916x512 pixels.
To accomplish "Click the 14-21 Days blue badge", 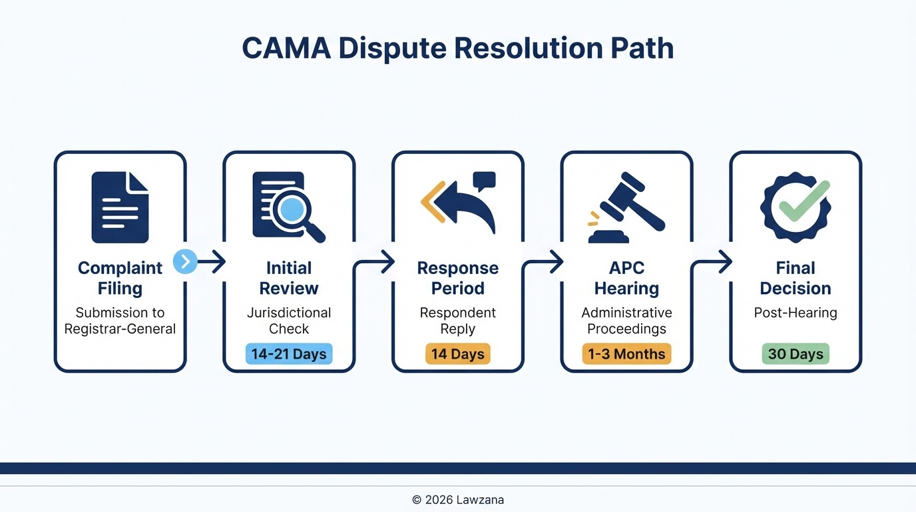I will tap(289, 353).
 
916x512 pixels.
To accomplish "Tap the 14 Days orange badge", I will tap(457, 353).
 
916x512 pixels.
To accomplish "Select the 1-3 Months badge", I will tap(626, 353).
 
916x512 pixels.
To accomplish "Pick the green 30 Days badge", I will tap(796, 353).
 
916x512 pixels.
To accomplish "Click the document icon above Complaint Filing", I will tap(120, 207).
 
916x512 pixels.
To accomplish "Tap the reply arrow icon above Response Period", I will tap(459, 203).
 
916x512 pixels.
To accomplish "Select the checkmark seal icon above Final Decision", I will tap(796, 207).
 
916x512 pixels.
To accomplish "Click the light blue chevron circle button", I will tap(185, 262).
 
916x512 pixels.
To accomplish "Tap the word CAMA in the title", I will tap(286, 49).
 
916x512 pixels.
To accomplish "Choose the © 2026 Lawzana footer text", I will tap(457, 499).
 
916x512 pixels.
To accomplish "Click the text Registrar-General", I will tap(120, 329).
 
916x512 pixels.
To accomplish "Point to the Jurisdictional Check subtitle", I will tap(289, 321).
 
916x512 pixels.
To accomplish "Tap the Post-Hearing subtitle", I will tap(796, 313).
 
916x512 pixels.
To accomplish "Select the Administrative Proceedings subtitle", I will tap(626, 321).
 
